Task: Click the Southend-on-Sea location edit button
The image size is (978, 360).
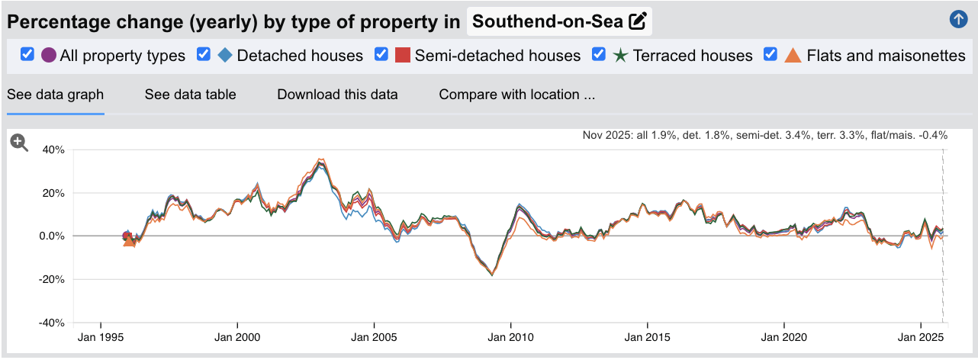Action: click(x=637, y=21)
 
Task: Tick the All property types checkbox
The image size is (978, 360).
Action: click(x=27, y=55)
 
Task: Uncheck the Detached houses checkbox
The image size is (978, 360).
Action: click(x=204, y=55)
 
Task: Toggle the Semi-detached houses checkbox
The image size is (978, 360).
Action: click(x=381, y=55)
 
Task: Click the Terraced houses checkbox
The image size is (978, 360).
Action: click(x=599, y=55)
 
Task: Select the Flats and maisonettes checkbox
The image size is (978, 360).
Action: click(x=770, y=55)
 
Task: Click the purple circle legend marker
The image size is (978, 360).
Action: click(x=49, y=56)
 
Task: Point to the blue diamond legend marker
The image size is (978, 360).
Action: click(x=225, y=55)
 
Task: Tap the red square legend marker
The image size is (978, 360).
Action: click(x=403, y=56)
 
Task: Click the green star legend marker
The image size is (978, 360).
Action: click(x=620, y=56)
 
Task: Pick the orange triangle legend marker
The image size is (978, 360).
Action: click(x=793, y=56)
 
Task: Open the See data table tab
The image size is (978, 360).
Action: click(x=190, y=95)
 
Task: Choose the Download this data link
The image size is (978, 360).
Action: click(x=337, y=95)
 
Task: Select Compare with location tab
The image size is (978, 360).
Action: click(x=516, y=95)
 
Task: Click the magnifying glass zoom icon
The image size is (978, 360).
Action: click(x=19, y=143)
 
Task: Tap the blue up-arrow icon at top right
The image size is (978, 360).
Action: click(x=958, y=20)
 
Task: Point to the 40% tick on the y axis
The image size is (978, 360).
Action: click(x=53, y=149)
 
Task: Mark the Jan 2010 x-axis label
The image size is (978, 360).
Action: click(x=510, y=336)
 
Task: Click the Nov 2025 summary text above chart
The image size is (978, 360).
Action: click(x=764, y=136)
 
